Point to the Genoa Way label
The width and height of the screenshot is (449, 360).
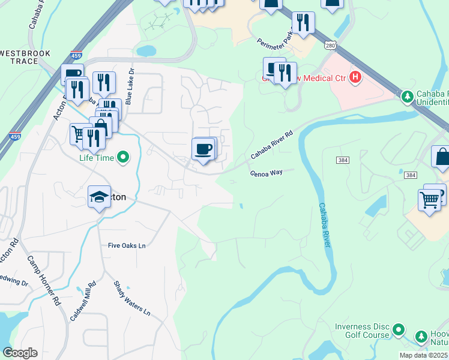266,173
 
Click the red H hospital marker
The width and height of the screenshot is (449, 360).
355,77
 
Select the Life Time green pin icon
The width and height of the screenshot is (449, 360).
124,158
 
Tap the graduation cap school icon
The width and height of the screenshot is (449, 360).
99,197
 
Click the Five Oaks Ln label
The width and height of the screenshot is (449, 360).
127,245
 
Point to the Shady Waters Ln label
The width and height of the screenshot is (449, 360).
131,299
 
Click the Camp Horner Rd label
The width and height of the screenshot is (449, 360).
45,281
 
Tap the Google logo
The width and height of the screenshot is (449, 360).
20,353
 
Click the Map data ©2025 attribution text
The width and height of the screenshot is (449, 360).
424,355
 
